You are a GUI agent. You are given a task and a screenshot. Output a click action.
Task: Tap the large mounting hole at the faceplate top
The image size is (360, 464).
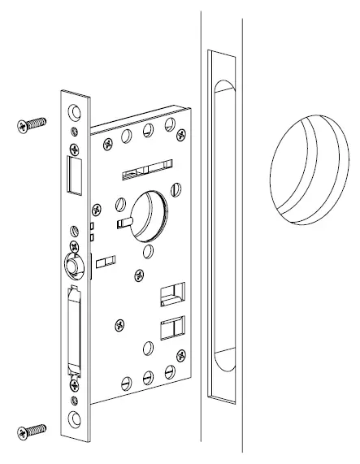click(x=76, y=111)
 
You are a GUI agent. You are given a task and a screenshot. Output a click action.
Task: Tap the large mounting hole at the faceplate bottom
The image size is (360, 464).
click(x=76, y=418)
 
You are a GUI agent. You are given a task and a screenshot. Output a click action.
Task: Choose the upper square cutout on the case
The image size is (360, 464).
click(x=171, y=293)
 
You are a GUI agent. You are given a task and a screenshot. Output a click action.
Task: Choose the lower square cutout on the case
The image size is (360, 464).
click(x=171, y=328)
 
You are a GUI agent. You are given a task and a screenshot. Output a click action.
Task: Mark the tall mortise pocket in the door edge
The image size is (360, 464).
click(x=221, y=227)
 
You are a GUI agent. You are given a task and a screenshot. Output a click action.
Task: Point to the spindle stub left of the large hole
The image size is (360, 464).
click(x=124, y=222)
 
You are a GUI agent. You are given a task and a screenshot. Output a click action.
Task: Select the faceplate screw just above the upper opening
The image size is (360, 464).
click(x=76, y=147)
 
